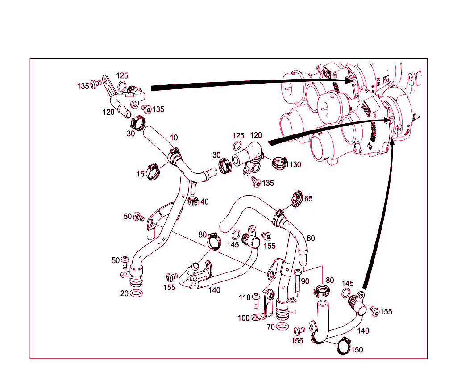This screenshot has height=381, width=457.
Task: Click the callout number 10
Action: coord(174,137)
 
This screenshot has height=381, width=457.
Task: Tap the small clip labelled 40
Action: coord(193,201)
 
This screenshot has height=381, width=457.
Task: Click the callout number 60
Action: coord(311,239)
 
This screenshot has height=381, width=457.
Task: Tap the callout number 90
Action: coord(305,281)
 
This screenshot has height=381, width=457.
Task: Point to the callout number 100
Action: coord(244,318)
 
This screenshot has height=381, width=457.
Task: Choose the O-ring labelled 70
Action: coord(282,327)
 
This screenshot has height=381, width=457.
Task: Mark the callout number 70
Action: coord(270,327)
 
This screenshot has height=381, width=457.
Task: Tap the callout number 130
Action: coord(295,165)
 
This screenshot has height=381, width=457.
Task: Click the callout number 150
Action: coord(357,350)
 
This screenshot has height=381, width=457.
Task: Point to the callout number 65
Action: coord(308,198)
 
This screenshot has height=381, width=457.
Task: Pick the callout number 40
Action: coord(204,202)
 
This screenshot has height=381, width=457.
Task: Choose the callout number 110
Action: coord(245,297)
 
